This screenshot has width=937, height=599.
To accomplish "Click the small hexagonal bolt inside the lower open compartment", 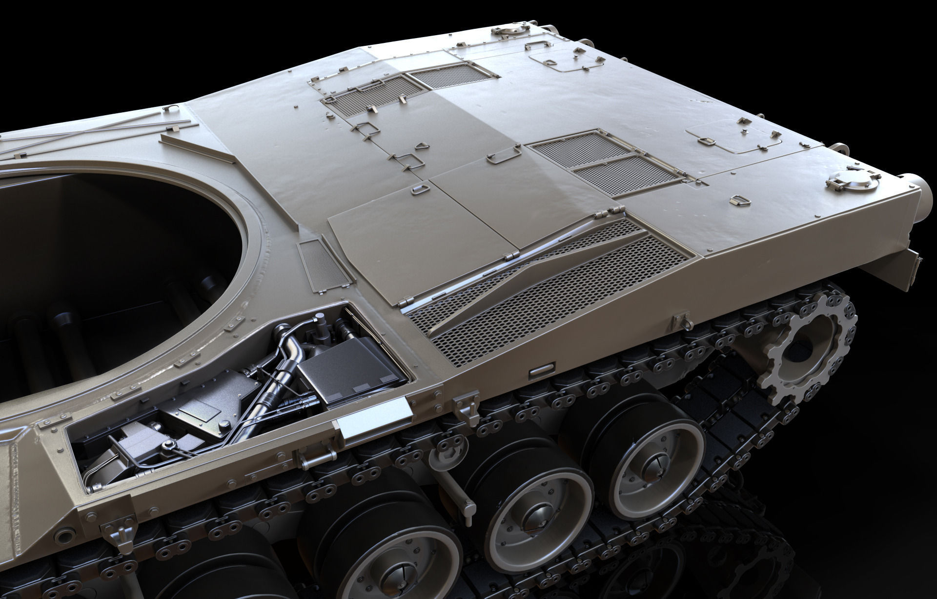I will point(169,444).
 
